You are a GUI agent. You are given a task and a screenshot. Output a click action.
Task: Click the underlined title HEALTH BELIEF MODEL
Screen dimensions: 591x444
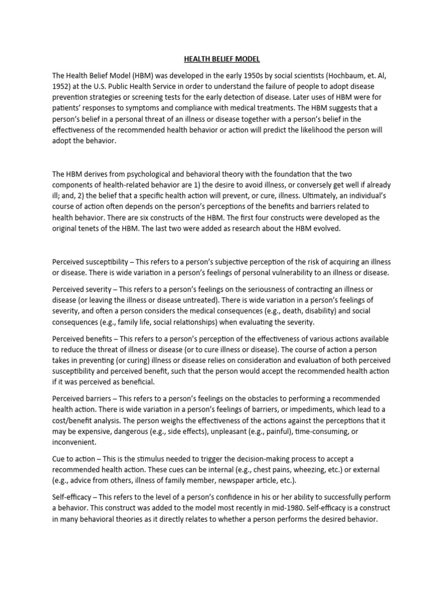tap(222, 58)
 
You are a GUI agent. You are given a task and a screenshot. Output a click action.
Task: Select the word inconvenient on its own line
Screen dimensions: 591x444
tap(75, 443)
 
